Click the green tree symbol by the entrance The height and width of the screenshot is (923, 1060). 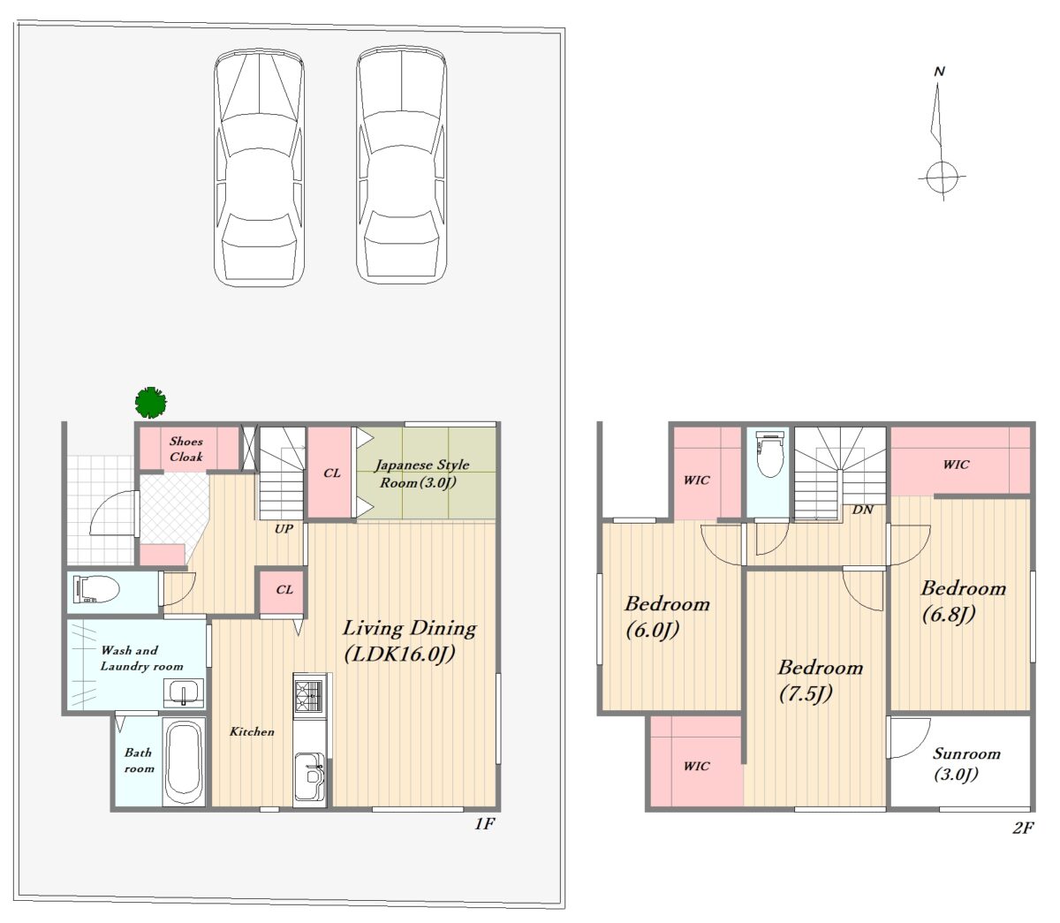tap(151, 402)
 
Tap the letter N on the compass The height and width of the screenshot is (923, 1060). tap(939, 72)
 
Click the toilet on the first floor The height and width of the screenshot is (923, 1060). tap(97, 589)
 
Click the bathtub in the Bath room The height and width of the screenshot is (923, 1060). tap(185, 760)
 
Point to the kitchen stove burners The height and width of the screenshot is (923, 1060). tap(308, 692)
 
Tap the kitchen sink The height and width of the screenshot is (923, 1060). tap(310, 775)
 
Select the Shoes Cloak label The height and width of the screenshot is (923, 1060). tap(186, 449)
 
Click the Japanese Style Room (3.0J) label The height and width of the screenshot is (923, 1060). tap(421, 473)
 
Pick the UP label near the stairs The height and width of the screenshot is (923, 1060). tap(284, 529)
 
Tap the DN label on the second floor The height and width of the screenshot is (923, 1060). tap(863, 510)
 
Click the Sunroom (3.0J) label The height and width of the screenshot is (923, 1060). tap(966, 763)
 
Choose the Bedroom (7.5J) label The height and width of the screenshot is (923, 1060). tap(820, 680)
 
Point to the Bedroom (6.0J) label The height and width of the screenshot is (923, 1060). tap(667, 617)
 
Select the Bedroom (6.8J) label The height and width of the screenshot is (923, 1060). tap(963, 601)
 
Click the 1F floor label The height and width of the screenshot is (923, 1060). tap(485, 823)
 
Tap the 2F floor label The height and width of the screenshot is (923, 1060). tap(1023, 828)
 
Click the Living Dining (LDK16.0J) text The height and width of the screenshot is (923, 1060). tap(409, 641)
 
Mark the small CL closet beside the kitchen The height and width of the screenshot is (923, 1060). tap(284, 591)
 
